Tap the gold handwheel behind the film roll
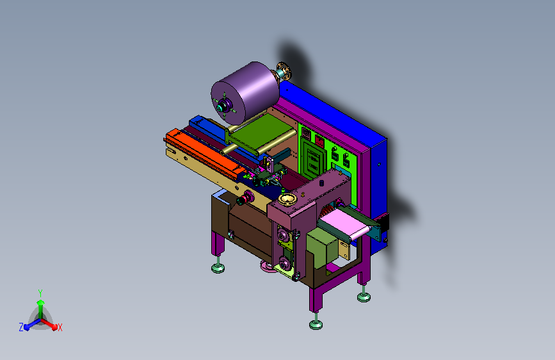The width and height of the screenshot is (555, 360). [x=284, y=71]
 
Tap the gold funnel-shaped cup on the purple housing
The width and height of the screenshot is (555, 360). [x=287, y=199]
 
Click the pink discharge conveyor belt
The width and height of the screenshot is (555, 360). [x=346, y=224]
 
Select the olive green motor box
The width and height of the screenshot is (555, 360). [x=323, y=248]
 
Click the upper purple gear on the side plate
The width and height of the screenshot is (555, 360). [x=283, y=235]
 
